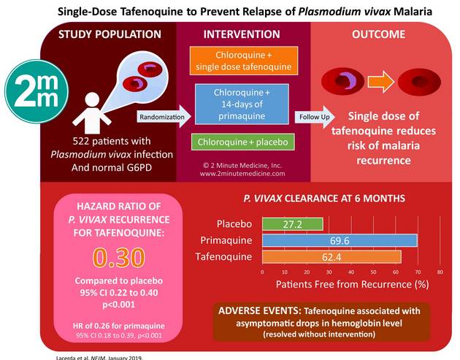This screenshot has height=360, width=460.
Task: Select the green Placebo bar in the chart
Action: point(293,223)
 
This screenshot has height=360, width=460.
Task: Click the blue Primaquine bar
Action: point(340,240)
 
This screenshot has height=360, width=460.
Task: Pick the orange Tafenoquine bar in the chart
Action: point(331,256)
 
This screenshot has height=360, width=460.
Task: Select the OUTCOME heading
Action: point(380,34)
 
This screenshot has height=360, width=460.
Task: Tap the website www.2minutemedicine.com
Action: point(243,175)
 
